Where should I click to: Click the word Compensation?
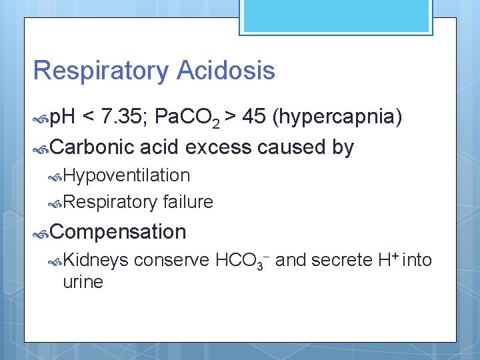[117, 232]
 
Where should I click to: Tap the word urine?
[83, 282]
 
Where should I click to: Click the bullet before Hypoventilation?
[55, 176]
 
